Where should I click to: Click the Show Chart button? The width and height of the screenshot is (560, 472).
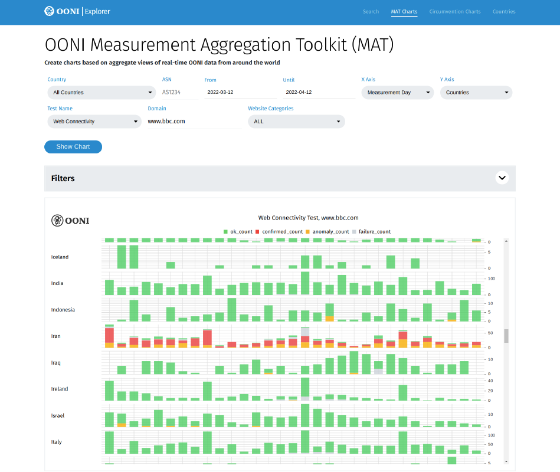(x=73, y=147)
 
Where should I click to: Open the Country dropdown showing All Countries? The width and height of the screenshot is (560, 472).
(x=101, y=93)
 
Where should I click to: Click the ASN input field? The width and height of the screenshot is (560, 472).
(x=179, y=93)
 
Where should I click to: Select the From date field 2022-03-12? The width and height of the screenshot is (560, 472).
(x=240, y=93)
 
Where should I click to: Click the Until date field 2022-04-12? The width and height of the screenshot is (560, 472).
(x=319, y=93)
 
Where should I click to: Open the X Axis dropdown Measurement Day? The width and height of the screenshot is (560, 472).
(x=397, y=93)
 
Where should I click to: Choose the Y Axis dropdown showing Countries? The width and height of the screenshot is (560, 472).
(x=476, y=93)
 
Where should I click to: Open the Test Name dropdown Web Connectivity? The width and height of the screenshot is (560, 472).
(x=94, y=122)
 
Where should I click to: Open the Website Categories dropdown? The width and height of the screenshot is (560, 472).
(x=296, y=122)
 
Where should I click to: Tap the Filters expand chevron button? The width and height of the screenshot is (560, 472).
(x=502, y=178)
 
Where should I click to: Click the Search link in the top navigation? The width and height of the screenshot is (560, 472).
(x=371, y=12)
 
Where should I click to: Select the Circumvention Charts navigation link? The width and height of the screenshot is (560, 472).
(x=454, y=12)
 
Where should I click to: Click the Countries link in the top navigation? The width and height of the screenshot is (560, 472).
(x=504, y=12)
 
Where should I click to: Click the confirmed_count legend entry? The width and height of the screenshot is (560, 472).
(x=279, y=232)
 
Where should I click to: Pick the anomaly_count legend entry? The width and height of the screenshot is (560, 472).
(x=328, y=232)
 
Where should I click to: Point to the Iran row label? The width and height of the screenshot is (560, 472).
(x=56, y=336)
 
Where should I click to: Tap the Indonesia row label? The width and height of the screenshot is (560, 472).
(x=63, y=310)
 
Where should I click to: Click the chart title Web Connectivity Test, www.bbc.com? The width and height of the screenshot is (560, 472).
(x=308, y=218)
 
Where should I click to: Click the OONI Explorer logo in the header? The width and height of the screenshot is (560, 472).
(x=77, y=11)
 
